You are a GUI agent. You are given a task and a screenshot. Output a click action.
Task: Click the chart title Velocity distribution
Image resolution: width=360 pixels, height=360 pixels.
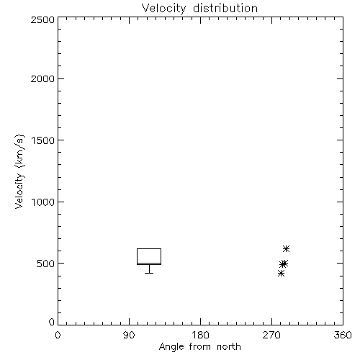(x=199, y=8)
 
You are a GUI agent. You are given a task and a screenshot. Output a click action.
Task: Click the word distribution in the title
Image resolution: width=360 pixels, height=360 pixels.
(x=225, y=8)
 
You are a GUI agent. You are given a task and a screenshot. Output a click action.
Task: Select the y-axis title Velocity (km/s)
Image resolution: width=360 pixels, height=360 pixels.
(x=19, y=171)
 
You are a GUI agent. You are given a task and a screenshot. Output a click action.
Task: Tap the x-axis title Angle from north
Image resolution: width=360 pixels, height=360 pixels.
(x=199, y=347)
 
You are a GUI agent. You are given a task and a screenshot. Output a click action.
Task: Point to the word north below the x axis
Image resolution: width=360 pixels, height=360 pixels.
(x=229, y=347)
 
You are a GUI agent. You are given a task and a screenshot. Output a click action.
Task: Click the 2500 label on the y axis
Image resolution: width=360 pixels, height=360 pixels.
(x=42, y=19)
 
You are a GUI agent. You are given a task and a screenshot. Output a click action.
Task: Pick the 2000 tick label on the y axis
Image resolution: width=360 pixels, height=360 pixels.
(x=42, y=78)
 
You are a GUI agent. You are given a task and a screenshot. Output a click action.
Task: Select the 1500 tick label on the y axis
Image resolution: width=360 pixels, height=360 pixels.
(x=43, y=140)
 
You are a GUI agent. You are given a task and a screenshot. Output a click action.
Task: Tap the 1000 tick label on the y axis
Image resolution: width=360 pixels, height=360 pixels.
(x=43, y=202)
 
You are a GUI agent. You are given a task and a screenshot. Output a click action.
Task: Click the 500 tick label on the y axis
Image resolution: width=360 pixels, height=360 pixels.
(x=46, y=264)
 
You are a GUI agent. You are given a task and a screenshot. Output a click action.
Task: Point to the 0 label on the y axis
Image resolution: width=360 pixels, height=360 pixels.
(x=52, y=322)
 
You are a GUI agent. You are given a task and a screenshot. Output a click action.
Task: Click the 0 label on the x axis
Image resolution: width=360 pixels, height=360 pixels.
(x=58, y=335)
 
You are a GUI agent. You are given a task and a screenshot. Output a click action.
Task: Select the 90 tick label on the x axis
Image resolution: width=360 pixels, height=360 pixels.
(x=129, y=335)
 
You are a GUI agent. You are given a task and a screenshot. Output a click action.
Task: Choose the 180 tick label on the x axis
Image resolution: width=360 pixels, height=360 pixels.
(x=200, y=335)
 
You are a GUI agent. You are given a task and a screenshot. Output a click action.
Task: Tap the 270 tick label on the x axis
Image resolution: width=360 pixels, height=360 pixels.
(x=271, y=335)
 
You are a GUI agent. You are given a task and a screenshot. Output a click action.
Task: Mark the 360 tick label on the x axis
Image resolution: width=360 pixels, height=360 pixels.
(x=343, y=335)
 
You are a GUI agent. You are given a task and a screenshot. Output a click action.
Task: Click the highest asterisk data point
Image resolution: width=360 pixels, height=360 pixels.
(x=286, y=248)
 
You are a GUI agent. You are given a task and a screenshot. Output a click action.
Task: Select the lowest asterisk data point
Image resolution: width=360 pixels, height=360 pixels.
(x=281, y=273)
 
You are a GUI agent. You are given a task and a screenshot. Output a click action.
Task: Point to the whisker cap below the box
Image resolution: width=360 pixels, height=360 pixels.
(x=149, y=273)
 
